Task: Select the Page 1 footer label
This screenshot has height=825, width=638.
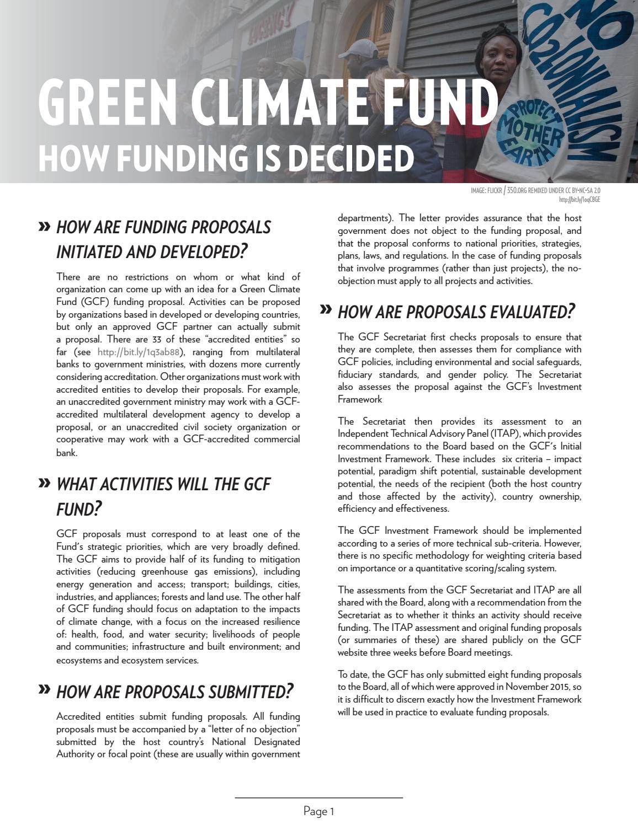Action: (319, 811)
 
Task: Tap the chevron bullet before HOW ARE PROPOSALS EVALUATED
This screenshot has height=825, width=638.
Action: (326, 310)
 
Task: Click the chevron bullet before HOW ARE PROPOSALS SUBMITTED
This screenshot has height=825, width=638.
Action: (44, 689)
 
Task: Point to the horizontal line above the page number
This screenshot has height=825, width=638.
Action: (319, 797)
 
